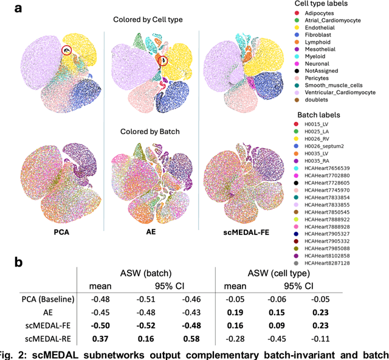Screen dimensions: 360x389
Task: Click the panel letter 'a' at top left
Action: (7, 7)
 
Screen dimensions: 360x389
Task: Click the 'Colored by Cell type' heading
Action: (147, 19)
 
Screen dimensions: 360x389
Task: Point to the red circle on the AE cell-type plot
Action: (162, 60)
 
